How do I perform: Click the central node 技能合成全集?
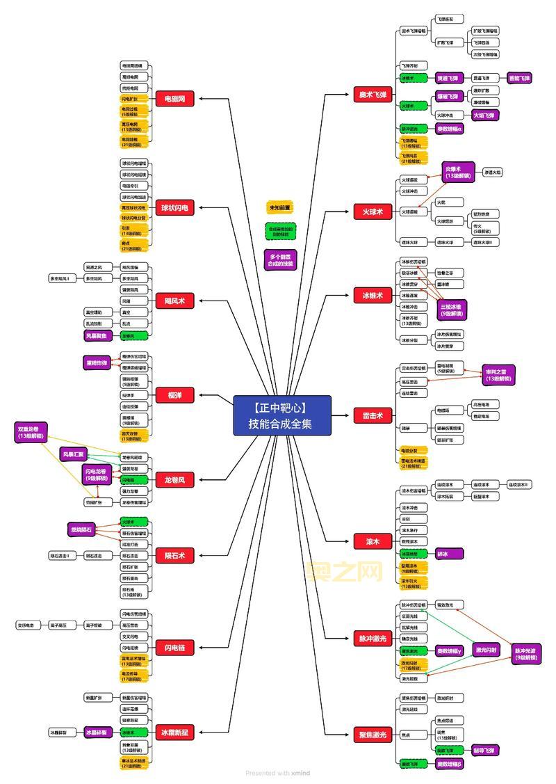[282, 416]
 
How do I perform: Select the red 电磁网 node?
[174, 99]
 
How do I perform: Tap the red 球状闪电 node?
[174, 208]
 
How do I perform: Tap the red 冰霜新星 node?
[174, 733]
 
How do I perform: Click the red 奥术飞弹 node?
[373, 95]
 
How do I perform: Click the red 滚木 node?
[373, 542]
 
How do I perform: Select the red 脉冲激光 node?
[373, 639]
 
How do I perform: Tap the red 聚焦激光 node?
[373, 735]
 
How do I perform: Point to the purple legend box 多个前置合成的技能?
[280, 259]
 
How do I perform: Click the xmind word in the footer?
[301, 774]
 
